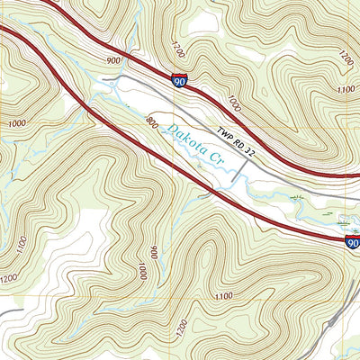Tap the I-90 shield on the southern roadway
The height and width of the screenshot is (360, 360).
tap(352, 242)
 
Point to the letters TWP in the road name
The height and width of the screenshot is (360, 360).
tap(224, 131)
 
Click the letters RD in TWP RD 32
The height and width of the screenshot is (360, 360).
tap(240, 139)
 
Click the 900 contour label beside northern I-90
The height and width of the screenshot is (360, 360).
tap(113, 60)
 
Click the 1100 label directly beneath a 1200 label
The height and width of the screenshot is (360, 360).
tap(345, 89)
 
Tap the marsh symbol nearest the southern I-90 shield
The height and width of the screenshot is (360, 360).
tap(342, 219)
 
